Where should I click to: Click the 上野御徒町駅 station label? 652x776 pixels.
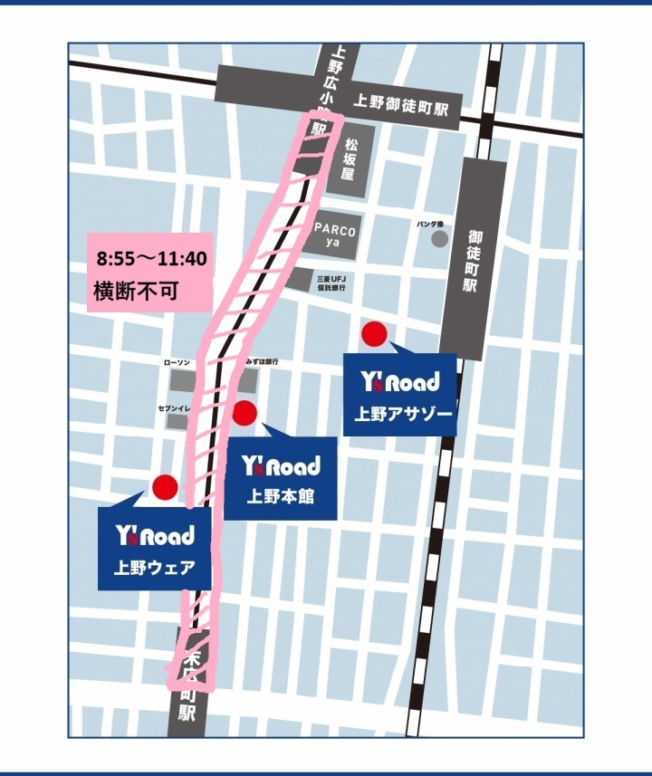pos(403,103)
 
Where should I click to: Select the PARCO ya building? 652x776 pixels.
pos(336,235)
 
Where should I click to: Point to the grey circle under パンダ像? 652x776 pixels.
pos(439,239)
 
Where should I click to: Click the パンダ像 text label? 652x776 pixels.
pos(430,223)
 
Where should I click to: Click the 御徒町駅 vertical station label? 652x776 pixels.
pos(472,262)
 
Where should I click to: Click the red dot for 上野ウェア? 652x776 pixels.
pos(164,487)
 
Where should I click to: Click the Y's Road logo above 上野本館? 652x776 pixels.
pos(280,465)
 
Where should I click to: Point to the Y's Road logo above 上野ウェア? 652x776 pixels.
pos(155,536)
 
